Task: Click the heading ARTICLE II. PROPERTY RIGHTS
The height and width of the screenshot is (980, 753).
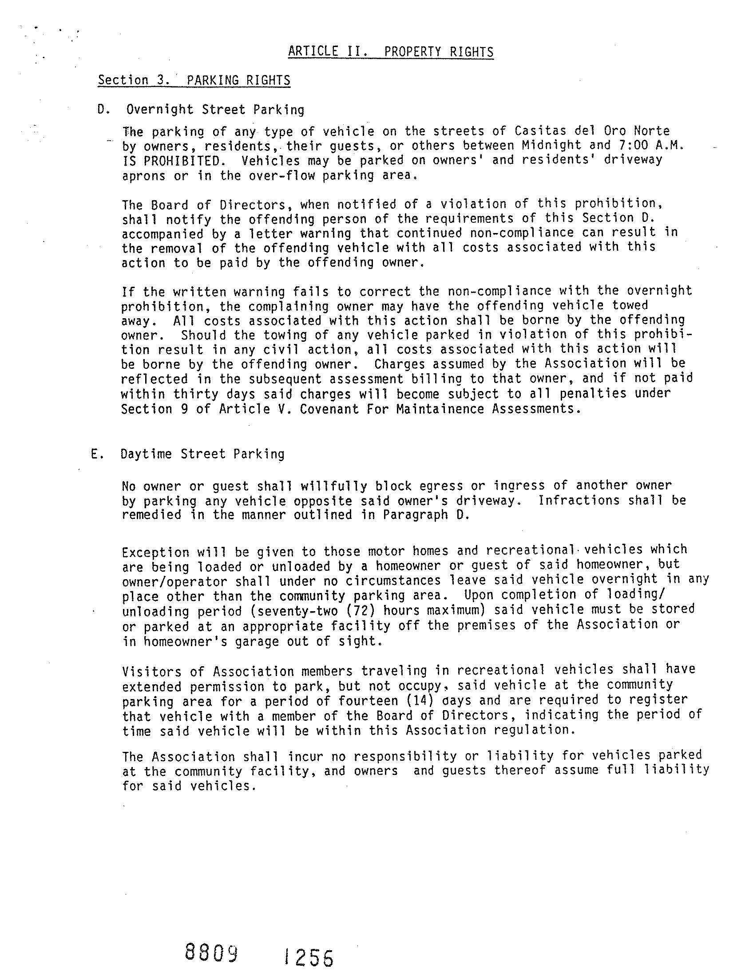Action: pos(390,52)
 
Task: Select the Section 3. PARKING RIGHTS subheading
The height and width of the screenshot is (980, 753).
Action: pos(194,80)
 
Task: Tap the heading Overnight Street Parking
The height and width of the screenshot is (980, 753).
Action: pos(215,110)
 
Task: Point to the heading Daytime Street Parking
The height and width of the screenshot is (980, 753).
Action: pos(202,454)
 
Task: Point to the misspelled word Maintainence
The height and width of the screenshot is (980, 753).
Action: pos(440,409)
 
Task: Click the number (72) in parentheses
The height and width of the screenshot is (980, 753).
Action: pos(361,610)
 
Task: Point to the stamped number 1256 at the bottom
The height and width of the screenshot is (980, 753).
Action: pos(309,959)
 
